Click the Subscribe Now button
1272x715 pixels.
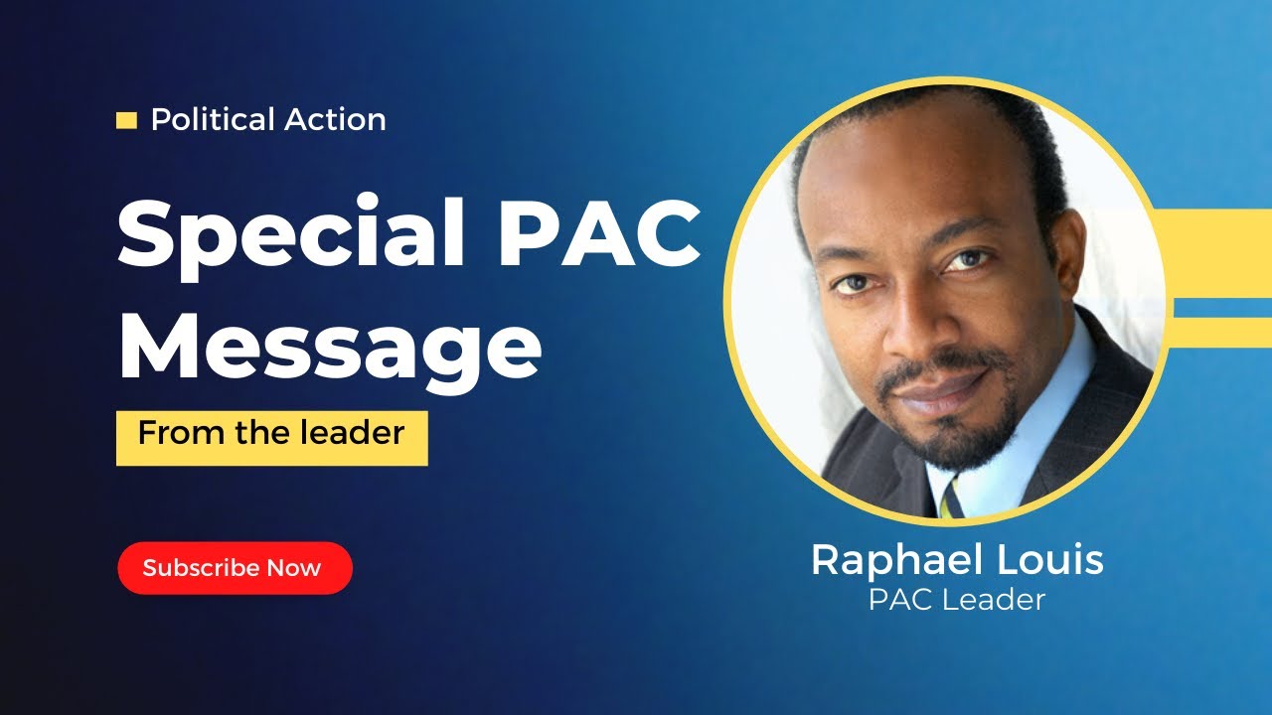(235, 568)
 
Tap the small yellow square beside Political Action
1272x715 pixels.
(126, 121)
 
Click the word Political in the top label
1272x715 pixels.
(212, 120)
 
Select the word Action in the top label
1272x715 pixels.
(335, 120)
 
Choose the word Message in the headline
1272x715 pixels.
(330, 343)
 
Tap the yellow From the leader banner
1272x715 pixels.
(271, 437)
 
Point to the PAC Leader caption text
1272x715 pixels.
(957, 600)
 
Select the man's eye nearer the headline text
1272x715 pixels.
(852, 284)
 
